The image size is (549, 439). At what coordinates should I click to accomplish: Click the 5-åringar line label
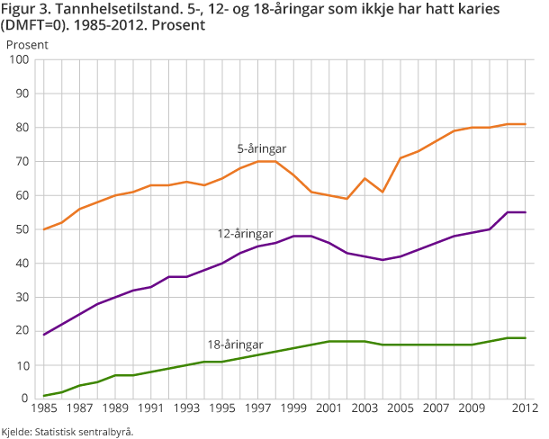(x=262, y=148)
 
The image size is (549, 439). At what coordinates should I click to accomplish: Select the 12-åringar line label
(x=245, y=233)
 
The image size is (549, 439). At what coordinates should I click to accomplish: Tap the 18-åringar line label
(x=236, y=345)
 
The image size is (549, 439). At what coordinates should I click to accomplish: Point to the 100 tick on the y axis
(x=21, y=60)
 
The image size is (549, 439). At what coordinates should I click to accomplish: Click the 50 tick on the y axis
(x=23, y=229)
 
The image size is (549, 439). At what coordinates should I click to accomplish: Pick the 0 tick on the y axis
(x=27, y=399)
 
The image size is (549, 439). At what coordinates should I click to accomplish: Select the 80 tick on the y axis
(x=23, y=128)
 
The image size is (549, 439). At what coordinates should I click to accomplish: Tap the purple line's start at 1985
(x=44, y=335)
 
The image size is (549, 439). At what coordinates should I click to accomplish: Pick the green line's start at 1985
(x=44, y=395)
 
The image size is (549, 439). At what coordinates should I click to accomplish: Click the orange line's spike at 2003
(x=364, y=178)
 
